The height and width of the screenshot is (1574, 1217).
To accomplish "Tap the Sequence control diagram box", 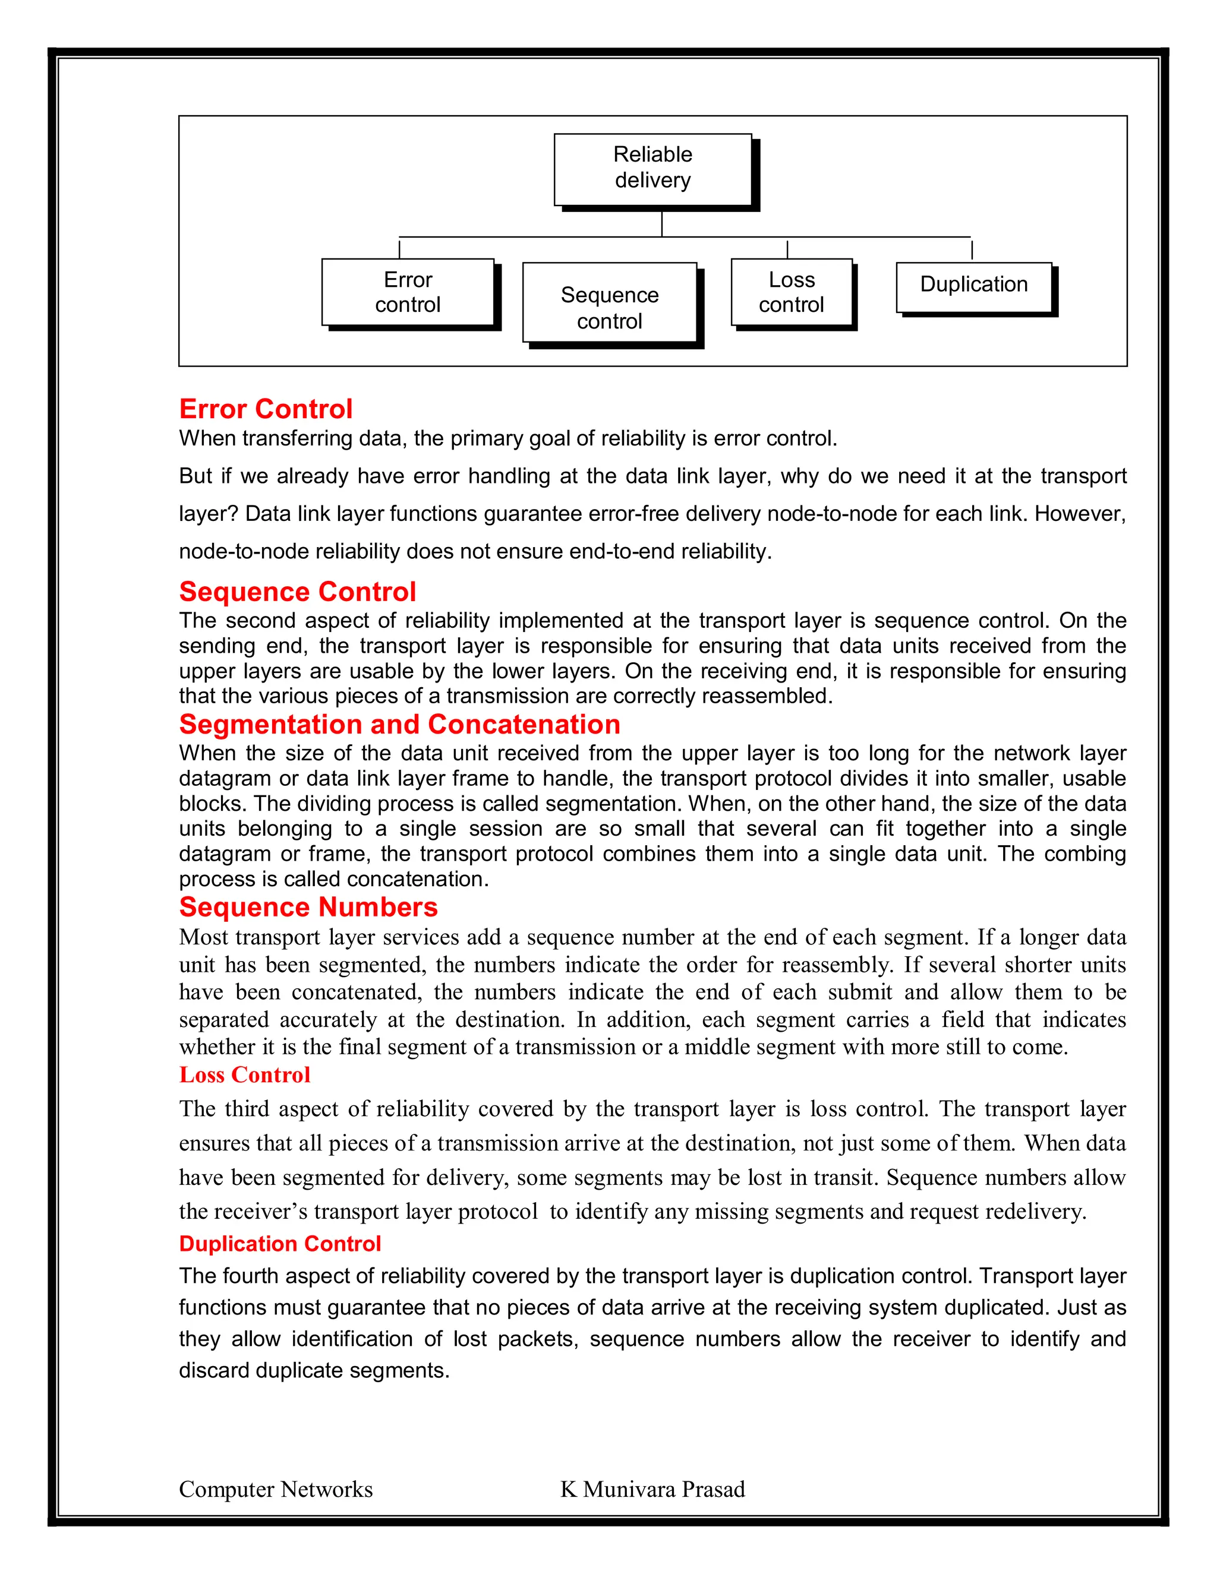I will [609, 303].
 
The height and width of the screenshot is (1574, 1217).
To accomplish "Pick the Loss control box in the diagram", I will [791, 292].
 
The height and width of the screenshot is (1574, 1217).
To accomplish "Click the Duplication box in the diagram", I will [973, 285].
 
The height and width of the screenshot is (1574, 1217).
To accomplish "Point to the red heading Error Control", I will [265, 409].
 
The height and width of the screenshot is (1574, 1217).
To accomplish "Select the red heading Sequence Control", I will [297, 592].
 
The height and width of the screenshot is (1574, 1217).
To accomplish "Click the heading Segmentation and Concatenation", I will [399, 724].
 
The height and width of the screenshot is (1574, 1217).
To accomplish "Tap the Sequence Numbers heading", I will [308, 906].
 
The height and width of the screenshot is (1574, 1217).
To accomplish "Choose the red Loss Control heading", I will [244, 1074].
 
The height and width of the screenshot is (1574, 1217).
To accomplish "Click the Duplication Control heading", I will [280, 1244].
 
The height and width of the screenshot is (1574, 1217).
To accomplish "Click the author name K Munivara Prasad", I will [652, 1489].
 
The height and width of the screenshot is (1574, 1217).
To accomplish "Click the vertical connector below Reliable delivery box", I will [662, 223].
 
